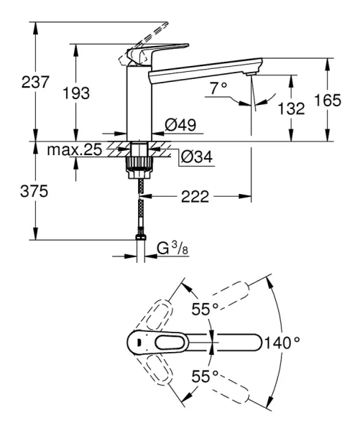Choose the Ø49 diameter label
point(177,125)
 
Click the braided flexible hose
point(139,208)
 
